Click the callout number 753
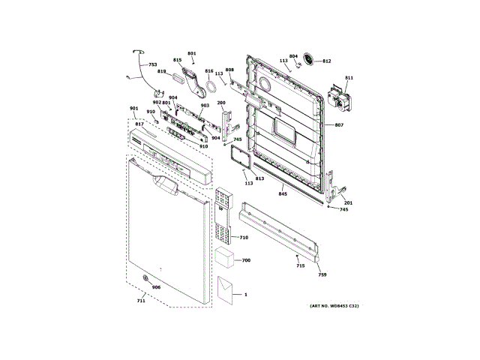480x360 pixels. tap(152, 65)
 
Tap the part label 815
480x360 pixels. tap(178, 60)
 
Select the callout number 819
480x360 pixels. tap(161, 72)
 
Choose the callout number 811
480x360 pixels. tap(349, 78)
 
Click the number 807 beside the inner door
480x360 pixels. tap(339, 124)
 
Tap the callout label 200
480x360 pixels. tap(221, 102)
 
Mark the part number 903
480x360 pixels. tap(204, 106)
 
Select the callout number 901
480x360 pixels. tap(133, 109)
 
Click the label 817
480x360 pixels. tap(139, 124)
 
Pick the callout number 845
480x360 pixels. tap(283, 194)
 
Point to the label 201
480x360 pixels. tap(348, 202)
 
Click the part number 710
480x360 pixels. tap(244, 238)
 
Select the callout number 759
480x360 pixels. tap(322, 276)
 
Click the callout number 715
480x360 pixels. tap(300, 266)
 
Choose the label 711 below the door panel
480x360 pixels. tap(140, 301)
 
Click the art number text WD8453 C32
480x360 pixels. tap(334, 306)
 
